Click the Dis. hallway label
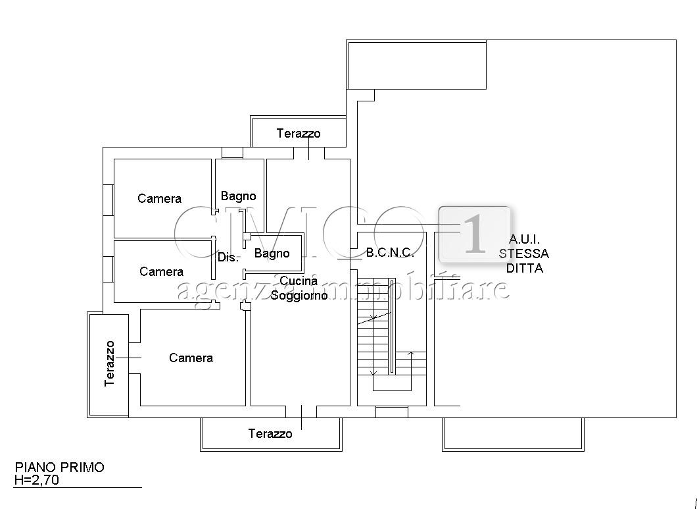pos(228,257)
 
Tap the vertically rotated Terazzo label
pos(109,364)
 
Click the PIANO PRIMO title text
pos(60,467)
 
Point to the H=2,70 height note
pos(36,479)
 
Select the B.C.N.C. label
pos(391,253)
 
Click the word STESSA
pos(523,254)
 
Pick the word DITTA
pos(525,268)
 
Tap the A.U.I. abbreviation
pos(524,239)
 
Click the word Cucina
pos(299,281)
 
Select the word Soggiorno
pos(299,295)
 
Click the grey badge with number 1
pos(474,234)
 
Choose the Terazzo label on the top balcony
pos(299,133)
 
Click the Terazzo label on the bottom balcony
pos(270,433)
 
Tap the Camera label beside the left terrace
pos(191,358)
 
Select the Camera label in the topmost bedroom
pos(160,198)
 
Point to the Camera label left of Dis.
pos(161,271)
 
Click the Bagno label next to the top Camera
pos(238,196)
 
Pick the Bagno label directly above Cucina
pos(272,254)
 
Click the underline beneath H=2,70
pos(78,488)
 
